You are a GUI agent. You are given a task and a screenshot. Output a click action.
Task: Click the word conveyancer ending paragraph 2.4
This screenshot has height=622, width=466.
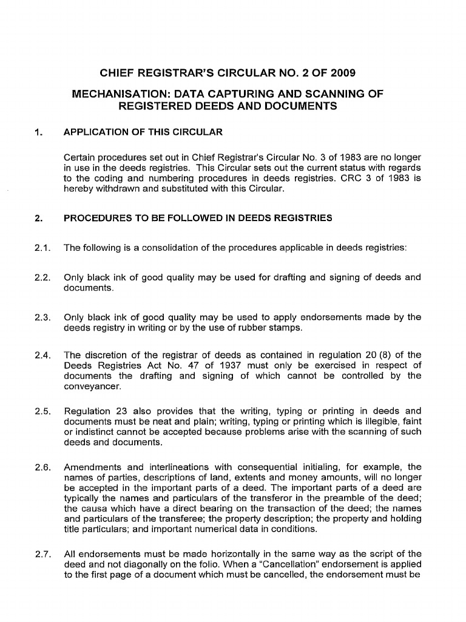pos(92,385)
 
